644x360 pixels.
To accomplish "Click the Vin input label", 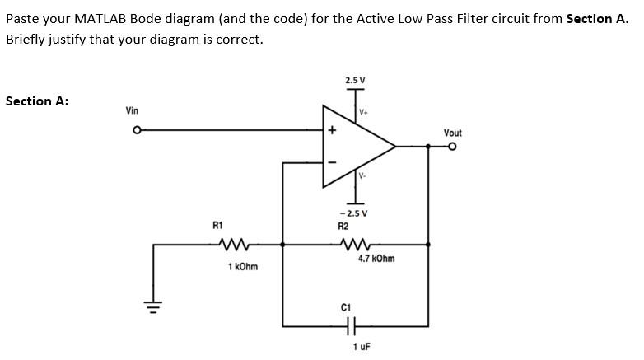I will pyautogui.click(x=132, y=110).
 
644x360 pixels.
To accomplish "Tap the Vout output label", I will pyautogui.click(x=452, y=133).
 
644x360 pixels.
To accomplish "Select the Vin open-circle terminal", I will pyautogui.click(x=138, y=129).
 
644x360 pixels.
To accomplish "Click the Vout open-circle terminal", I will pyautogui.click(x=452, y=147).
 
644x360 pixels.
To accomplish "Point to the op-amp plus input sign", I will pyautogui.click(x=332, y=130).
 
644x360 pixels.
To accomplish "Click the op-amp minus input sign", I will pyautogui.click(x=332, y=161).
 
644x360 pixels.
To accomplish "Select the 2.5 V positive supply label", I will pyautogui.click(x=355, y=81).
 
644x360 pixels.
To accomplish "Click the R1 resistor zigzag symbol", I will pyautogui.click(x=235, y=244).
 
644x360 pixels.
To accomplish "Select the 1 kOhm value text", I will pyautogui.click(x=242, y=267).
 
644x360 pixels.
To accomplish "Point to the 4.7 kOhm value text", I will pyautogui.click(x=376, y=259).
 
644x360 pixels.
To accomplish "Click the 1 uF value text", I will pyautogui.click(x=360, y=347).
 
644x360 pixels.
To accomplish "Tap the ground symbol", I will pyautogui.click(x=152, y=309).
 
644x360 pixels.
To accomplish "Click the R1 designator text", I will pyautogui.click(x=217, y=225).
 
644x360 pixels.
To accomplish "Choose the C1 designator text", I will pyautogui.click(x=346, y=307).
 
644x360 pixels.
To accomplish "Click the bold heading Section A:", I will pyautogui.click(x=37, y=101).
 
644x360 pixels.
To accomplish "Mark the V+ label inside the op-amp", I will pyautogui.click(x=363, y=111).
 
